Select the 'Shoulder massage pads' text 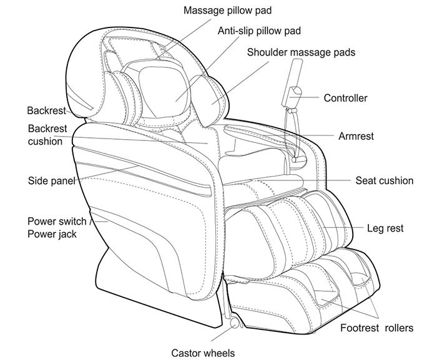point(301,52)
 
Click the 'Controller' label point(345,98)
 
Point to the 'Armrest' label point(356,136)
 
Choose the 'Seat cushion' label point(384,181)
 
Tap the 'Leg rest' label point(385,228)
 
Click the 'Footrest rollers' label point(376,327)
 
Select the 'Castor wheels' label point(203,353)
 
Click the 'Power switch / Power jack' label point(58,228)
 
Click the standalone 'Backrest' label point(47,111)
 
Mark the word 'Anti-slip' point(235,31)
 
